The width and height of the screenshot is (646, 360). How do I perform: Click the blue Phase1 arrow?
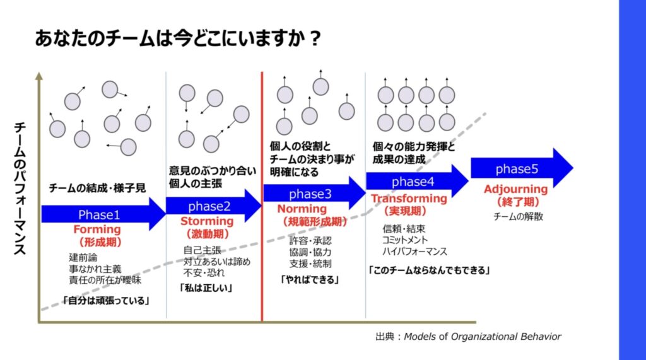pyautogui.click(x=103, y=214)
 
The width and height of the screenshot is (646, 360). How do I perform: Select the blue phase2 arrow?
pyautogui.click(x=213, y=206)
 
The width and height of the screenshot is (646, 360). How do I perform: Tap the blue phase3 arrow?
pyautogui.click(x=314, y=193)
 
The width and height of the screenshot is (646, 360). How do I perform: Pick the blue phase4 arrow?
pyautogui.click(x=417, y=181)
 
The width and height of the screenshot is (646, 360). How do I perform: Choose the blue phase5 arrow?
pyautogui.click(x=522, y=168)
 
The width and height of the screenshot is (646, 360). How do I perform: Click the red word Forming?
pyautogui.click(x=97, y=229)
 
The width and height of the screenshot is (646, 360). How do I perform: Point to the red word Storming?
pyautogui.click(x=207, y=221)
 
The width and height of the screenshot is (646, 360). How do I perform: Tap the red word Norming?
pyautogui.click(x=302, y=209)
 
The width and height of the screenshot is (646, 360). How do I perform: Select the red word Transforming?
pyautogui.click(x=409, y=199)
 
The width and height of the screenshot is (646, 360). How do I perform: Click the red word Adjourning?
pyautogui.click(x=516, y=189)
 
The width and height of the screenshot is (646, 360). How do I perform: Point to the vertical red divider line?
pyautogui.click(x=262, y=196)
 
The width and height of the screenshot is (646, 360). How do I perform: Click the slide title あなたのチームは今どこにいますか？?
pyautogui.click(x=177, y=38)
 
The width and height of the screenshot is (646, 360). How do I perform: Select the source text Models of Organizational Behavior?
pyautogui.click(x=483, y=337)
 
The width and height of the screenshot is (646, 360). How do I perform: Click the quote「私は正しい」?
pyautogui.click(x=206, y=288)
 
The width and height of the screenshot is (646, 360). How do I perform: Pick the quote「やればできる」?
pyautogui.click(x=310, y=280)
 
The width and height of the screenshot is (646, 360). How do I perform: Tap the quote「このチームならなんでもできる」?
pyautogui.click(x=429, y=270)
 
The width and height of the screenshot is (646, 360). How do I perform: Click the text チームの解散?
pyautogui.click(x=519, y=216)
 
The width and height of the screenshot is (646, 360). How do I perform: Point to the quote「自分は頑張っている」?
pyautogui.click(x=106, y=300)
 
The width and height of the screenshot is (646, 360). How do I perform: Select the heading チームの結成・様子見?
pyautogui.click(x=97, y=189)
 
